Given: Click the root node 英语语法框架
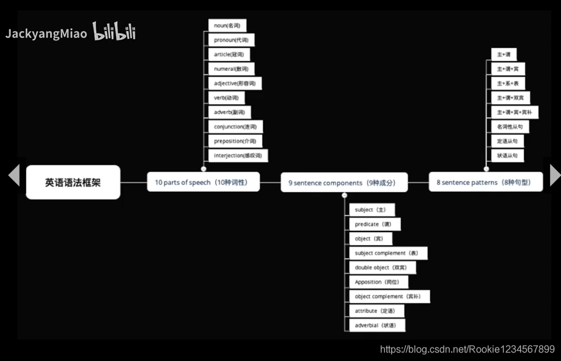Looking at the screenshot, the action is (73, 182).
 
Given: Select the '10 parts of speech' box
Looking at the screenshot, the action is (203, 182).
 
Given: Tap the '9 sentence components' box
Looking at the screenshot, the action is (343, 183).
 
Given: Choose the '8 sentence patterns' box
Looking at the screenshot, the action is (485, 182).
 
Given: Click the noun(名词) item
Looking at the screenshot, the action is (227, 26).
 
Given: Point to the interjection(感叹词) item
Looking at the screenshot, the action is (238, 156).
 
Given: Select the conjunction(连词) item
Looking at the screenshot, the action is (235, 127).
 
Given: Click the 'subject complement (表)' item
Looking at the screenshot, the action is (388, 253).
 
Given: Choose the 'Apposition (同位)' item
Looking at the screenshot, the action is (379, 282).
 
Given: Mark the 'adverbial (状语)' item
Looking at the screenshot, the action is (377, 326).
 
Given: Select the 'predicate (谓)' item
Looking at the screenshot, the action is (375, 224).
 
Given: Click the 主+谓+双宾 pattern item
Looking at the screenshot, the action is (510, 98).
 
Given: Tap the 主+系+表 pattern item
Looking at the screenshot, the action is (507, 84).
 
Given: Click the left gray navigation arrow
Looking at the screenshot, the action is (13, 175).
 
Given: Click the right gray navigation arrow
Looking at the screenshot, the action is (554, 175).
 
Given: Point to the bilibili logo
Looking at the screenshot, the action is (114, 32).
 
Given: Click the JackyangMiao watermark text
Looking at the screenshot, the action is (46, 34).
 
